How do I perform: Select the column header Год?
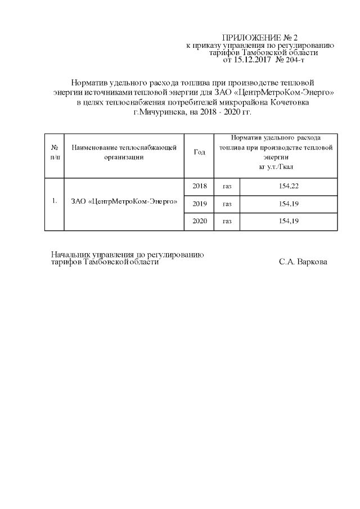point(199,153)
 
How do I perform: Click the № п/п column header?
point(55,153)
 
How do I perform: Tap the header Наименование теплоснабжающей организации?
point(124,153)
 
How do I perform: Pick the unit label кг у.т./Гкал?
point(276,167)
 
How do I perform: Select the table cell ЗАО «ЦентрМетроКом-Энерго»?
point(124,201)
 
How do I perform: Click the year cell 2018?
point(200,186)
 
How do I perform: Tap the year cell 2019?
point(200,204)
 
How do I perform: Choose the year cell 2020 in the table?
point(200,221)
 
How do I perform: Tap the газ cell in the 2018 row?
point(227,186)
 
